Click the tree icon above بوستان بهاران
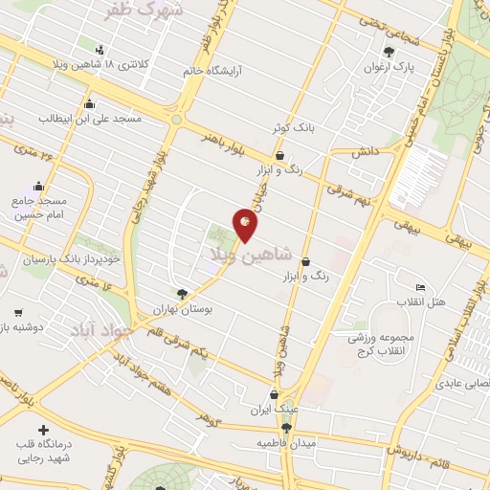pos(183,294)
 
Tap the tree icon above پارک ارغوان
pos(388,53)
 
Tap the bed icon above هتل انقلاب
pos(419,288)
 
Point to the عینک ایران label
pos(275,410)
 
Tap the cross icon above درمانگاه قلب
pos(42,430)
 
